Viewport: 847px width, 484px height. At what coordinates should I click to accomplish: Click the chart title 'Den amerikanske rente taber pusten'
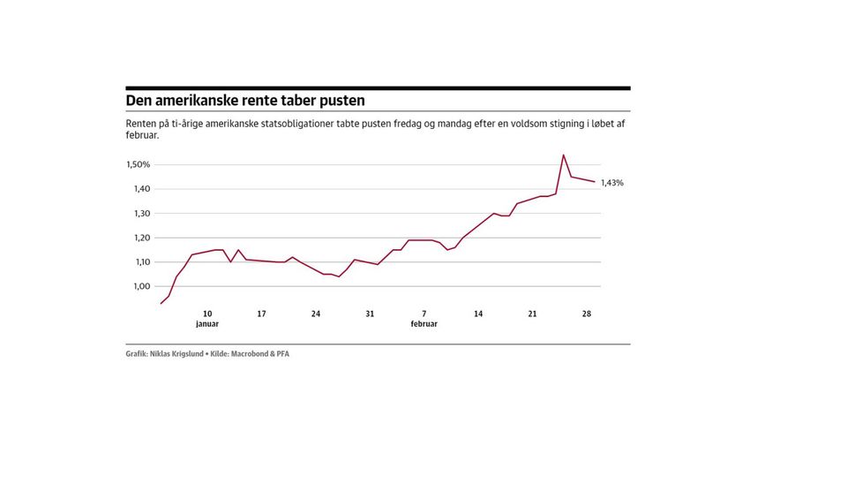(x=245, y=102)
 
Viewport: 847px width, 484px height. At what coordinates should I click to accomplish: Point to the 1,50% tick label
(x=139, y=165)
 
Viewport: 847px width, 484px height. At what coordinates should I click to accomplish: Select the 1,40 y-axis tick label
(x=141, y=189)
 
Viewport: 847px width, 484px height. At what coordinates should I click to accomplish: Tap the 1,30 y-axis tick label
(x=141, y=214)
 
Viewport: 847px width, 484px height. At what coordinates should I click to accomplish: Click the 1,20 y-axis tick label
(x=141, y=238)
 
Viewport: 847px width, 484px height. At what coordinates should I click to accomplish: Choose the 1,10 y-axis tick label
(x=141, y=262)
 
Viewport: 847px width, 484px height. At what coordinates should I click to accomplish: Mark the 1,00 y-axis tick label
(x=141, y=286)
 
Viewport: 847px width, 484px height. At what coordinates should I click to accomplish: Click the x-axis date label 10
(x=207, y=314)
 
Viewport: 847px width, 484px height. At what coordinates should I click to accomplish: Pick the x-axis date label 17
(x=261, y=314)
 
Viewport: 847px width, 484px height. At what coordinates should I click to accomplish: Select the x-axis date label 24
(x=316, y=314)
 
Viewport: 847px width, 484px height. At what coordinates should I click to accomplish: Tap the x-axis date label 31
(x=370, y=314)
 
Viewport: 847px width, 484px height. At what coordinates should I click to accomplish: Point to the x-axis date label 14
(x=478, y=314)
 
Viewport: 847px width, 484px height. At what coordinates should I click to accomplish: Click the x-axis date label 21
(x=532, y=314)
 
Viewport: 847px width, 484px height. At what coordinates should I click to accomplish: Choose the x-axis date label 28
(x=587, y=314)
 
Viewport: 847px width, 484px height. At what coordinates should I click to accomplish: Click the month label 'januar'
(x=207, y=324)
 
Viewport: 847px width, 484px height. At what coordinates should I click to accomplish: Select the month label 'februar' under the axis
(x=424, y=324)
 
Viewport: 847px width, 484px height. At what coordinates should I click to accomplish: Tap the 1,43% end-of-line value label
(x=612, y=183)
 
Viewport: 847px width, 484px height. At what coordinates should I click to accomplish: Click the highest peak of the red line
(x=563, y=155)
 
